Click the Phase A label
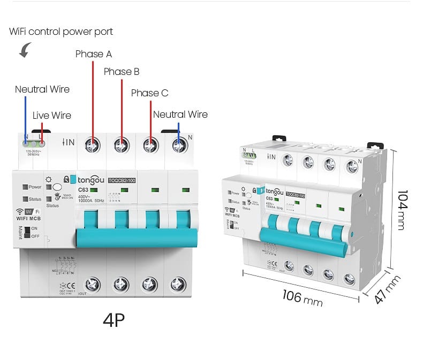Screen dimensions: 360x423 94,54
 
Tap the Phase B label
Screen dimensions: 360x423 122,72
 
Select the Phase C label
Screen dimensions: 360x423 149,93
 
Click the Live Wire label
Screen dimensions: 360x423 51,116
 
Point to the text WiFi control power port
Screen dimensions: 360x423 61,32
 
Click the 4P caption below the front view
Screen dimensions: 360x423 114,320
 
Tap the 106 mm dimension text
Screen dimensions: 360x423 303,297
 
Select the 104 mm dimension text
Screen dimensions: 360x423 402,210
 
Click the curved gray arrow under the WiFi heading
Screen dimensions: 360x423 25,51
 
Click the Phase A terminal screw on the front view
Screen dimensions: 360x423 93,144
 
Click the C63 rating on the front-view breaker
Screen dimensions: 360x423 84,190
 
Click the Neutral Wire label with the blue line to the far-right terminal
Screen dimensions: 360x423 180,114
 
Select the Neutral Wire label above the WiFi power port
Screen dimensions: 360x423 42,89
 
